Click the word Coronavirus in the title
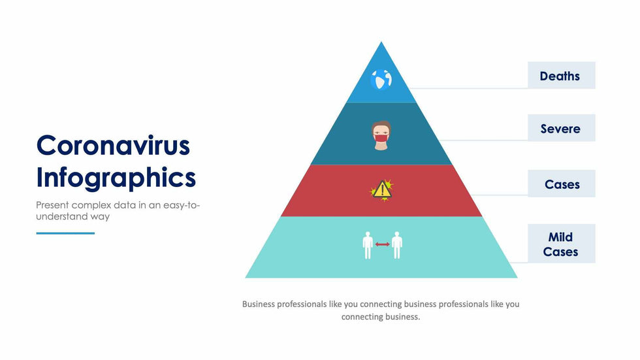tap(113, 145)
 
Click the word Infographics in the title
tap(116, 178)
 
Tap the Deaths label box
tap(561, 76)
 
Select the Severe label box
tap(561, 128)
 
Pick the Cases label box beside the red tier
tap(561, 184)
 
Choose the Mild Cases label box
tap(561, 243)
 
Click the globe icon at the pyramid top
tap(381, 79)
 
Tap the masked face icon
tap(381, 135)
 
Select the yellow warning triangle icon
tap(382, 189)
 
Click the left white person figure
tap(368, 245)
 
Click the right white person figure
tap(397, 245)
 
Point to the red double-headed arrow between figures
tap(383, 244)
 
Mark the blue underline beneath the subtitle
tap(65, 233)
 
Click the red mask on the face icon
tap(381, 139)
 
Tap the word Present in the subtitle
tap(52, 205)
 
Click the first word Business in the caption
tap(259, 304)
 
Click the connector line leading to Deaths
tap(469, 88)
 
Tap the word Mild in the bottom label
tap(560, 237)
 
